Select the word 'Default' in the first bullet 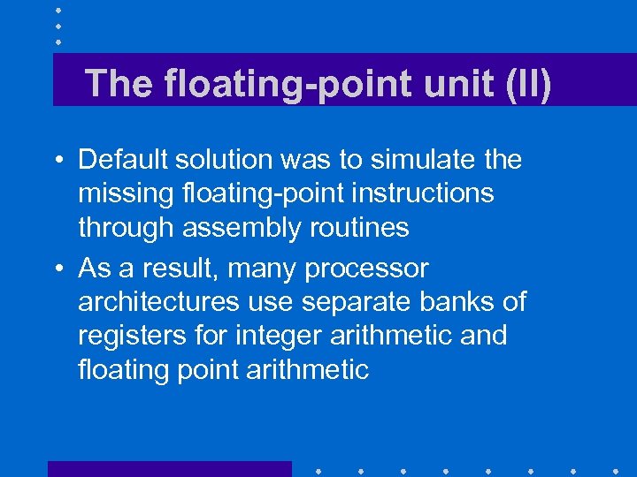(122, 160)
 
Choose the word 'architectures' (158, 302)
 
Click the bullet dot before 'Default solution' (57, 161)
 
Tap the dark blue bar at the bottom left (169, 468)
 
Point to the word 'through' (127, 227)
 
